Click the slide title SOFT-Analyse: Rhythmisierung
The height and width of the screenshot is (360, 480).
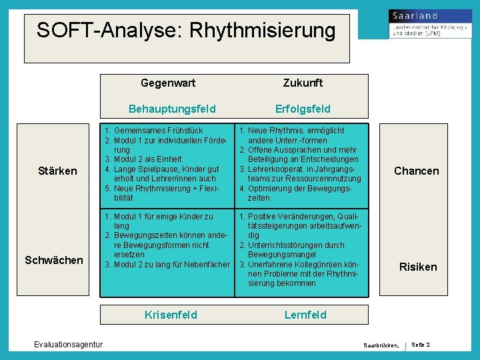pos(186,31)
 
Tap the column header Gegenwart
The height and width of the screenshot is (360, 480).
pos(168,83)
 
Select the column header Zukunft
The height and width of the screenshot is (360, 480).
pos(303,83)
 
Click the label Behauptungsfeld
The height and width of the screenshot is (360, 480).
pos(172,109)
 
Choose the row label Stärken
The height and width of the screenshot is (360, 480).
pos(59,171)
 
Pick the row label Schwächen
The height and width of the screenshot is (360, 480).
pos(54,260)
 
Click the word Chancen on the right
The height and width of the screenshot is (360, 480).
pos(417,171)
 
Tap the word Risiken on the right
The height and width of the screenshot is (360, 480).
pos(418,267)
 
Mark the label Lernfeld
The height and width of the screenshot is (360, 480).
pos(305,315)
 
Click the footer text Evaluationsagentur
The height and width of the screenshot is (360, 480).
pos(69,344)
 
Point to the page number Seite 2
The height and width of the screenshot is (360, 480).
pos(421,344)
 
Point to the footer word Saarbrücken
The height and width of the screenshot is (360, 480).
pos(381,345)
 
